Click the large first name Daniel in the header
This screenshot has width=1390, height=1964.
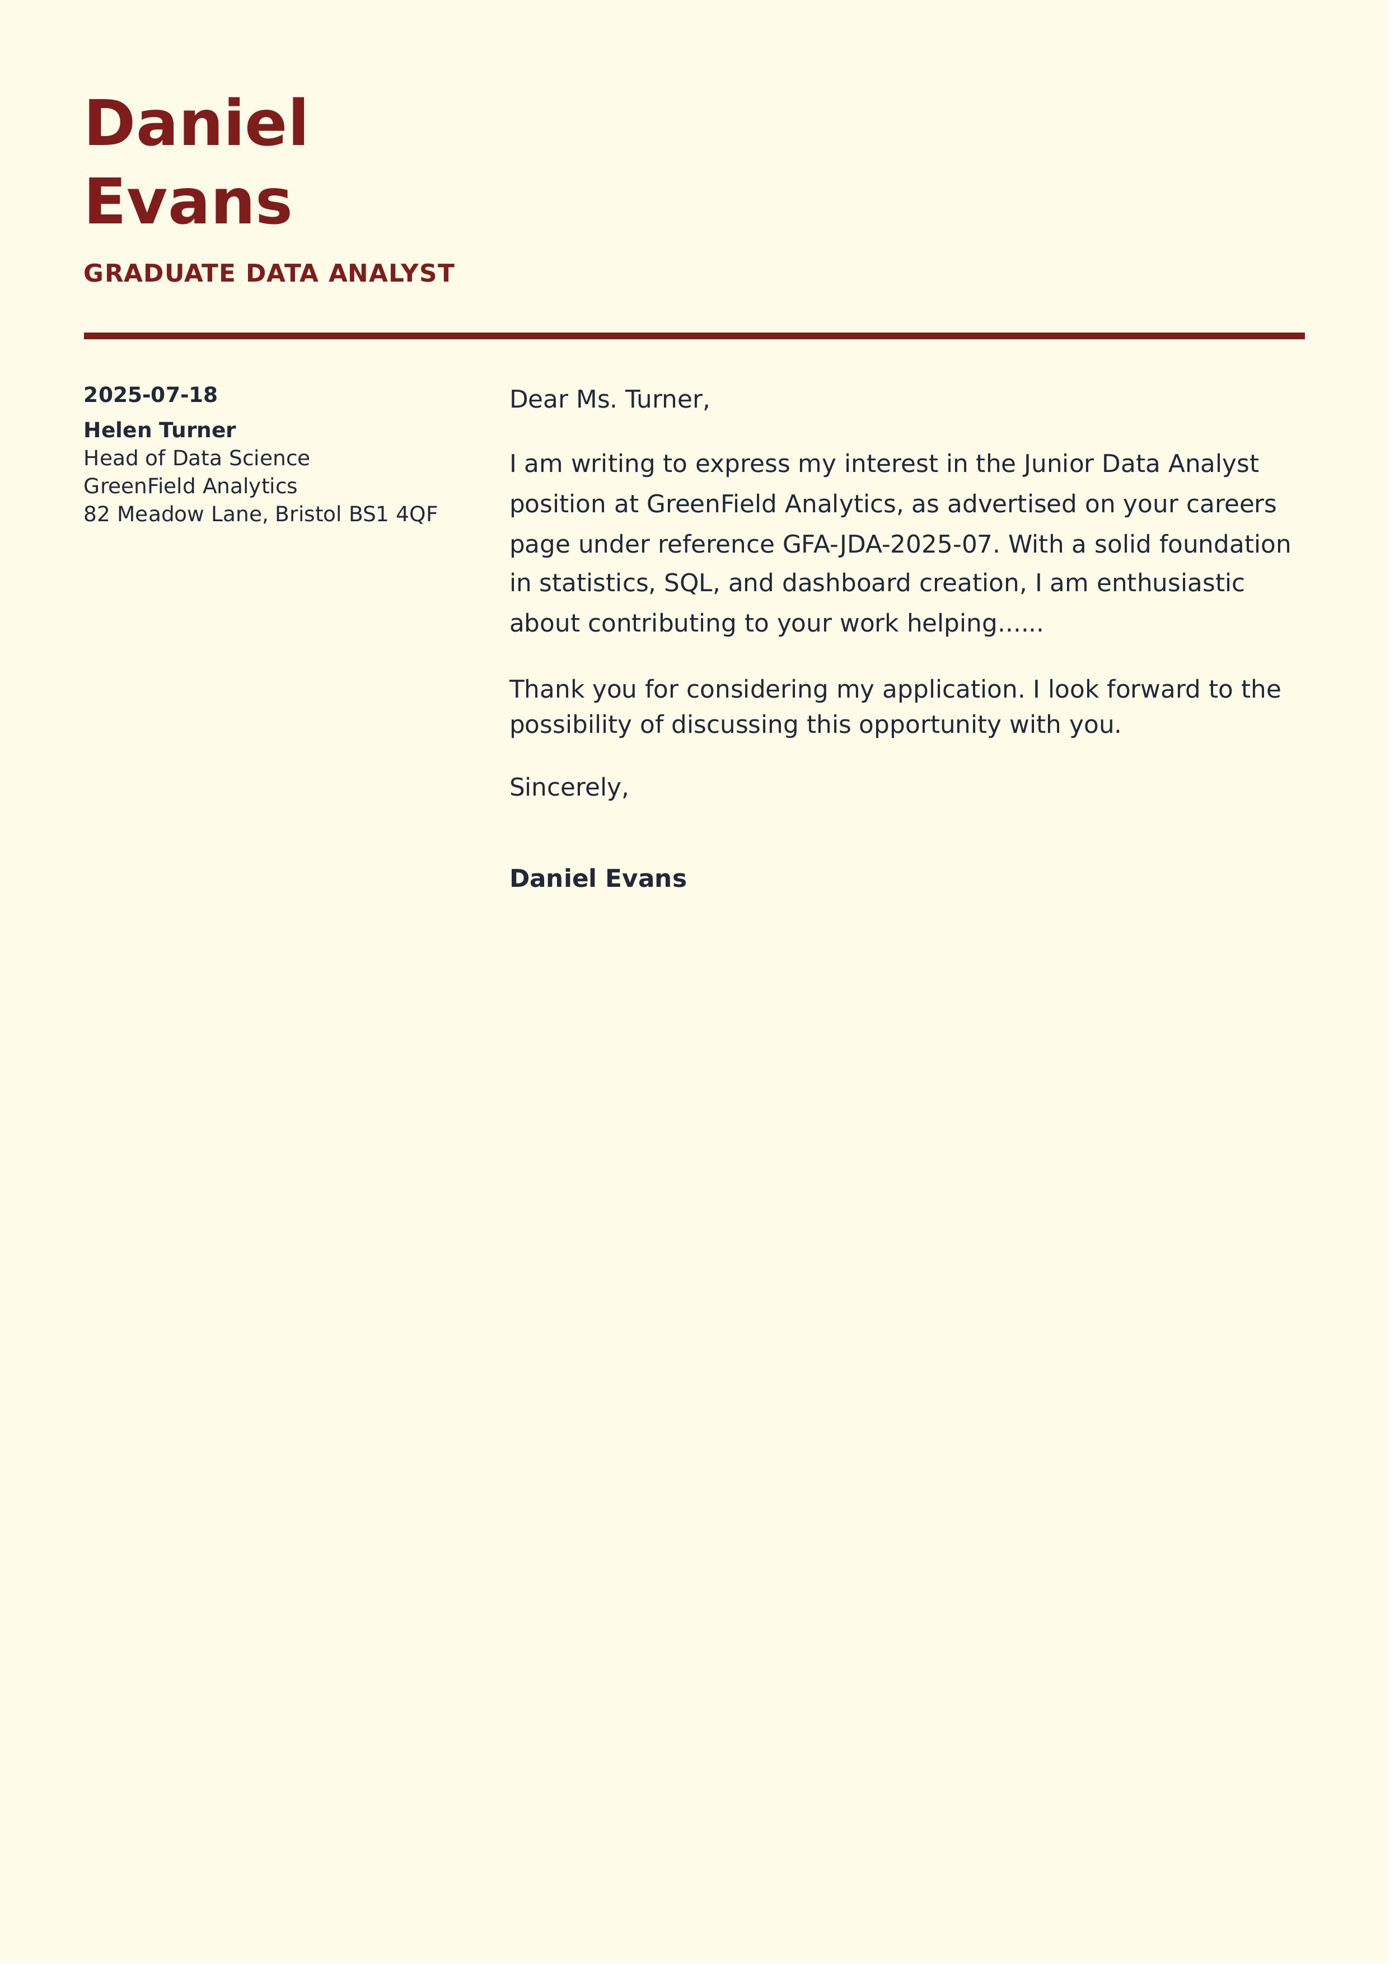[196, 124]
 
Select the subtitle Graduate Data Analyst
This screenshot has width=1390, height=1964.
[269, 273]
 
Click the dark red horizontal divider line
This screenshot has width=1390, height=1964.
[693, 336]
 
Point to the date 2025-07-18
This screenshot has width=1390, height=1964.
[151, 395]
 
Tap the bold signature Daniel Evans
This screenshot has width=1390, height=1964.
[597, 879]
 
